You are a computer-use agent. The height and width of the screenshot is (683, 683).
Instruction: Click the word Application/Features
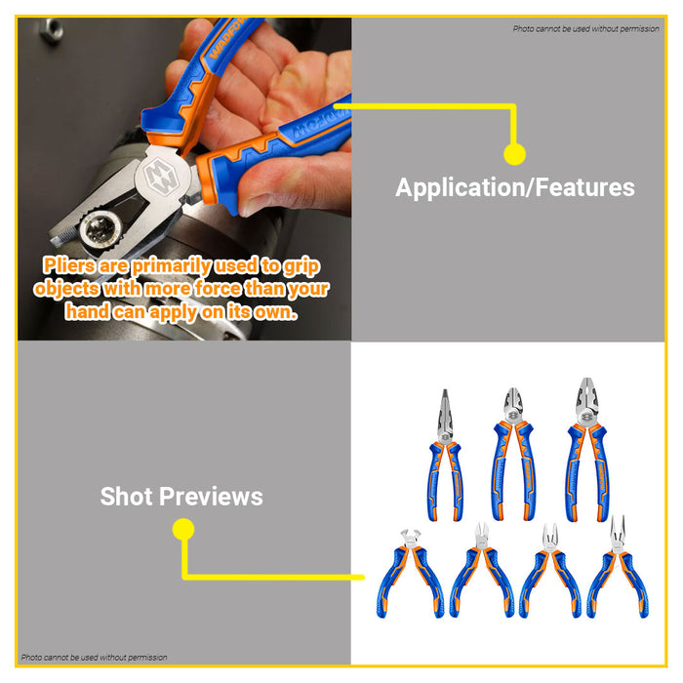(514, 187)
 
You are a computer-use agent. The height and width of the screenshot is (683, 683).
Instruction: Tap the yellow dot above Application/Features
(514, 153)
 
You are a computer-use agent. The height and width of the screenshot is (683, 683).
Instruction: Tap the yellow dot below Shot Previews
(182, 530)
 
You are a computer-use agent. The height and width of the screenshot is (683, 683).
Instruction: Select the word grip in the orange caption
(299, 265)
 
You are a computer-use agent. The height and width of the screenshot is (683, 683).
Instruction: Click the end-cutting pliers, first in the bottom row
(414, 576)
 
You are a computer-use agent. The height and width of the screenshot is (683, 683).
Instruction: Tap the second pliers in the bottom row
(481, 576)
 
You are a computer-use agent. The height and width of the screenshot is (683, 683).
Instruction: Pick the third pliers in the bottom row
(549, 576)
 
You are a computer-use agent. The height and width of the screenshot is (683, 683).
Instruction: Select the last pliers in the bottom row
(617, 576)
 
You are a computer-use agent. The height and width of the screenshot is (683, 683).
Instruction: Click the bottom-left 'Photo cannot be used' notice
(94, 658)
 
